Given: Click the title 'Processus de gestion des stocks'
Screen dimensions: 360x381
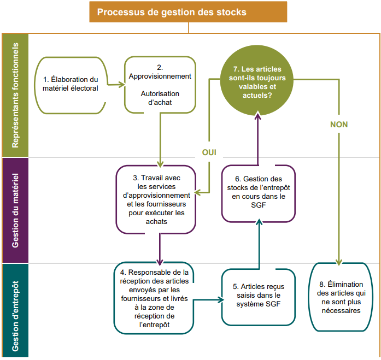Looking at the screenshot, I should tap(189, 12).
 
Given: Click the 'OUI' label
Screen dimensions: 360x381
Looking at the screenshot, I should tap(209, 152).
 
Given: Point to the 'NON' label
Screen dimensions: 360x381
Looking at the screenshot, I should tap(339, 125).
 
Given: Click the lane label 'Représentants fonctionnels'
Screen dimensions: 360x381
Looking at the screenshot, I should tap(15, 95).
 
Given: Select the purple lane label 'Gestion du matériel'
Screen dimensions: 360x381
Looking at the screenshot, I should tap(15, 210).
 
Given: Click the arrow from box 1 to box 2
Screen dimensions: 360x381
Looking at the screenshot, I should tap(115, 84).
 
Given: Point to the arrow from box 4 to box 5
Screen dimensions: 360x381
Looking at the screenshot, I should tap(209, 299).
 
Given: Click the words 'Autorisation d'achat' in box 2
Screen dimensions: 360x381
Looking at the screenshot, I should tap(160, 98).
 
